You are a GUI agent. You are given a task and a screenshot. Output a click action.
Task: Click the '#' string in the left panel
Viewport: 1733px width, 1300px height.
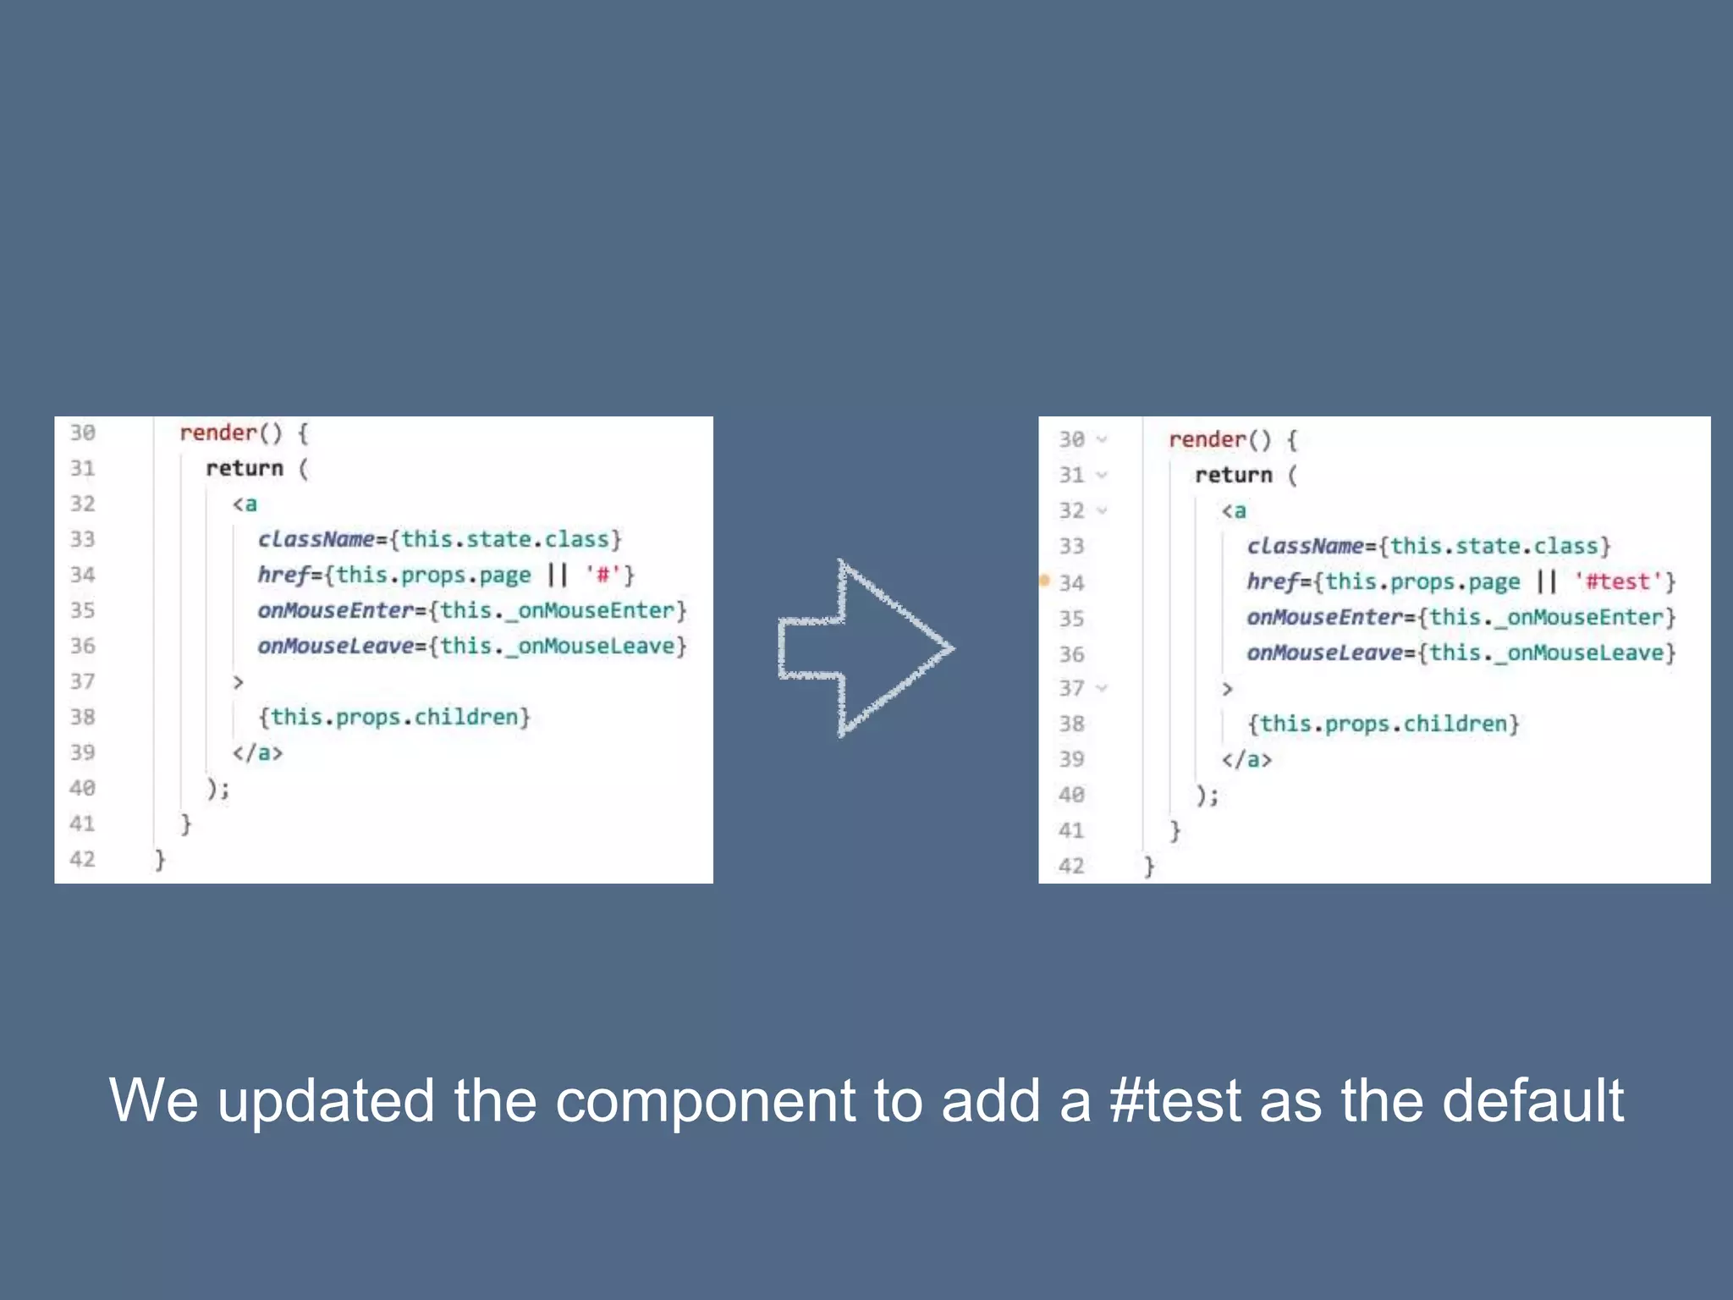(x=602, y=576)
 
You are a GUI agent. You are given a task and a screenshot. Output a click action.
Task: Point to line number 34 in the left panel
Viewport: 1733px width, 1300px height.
(x=82, y=576)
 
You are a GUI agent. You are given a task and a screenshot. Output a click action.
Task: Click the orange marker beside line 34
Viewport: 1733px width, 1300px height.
(x=1044, y=581)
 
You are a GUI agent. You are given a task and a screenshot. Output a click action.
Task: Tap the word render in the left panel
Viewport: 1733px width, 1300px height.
(x=217, y=433)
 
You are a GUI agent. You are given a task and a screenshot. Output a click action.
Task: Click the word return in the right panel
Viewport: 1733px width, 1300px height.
(x=1233, y=475)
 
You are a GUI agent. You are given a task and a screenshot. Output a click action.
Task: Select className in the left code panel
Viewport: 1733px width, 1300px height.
(x=316, y=539)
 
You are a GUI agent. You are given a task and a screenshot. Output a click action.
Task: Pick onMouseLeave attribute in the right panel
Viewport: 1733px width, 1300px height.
(x=1324, y=653)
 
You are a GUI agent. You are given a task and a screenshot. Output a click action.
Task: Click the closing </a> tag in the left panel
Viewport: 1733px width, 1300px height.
(x=257, y=752)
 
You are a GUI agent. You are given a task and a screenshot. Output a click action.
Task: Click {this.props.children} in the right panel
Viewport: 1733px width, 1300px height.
(x=1383, y=724)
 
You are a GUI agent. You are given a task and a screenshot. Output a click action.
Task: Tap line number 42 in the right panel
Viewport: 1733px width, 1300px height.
(x=1070, y=866)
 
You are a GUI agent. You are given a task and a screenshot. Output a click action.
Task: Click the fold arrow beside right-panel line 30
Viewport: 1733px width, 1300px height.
(x=1102, y=439)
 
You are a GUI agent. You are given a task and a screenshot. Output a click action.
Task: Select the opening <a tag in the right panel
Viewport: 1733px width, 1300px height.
(x=1233, y=510)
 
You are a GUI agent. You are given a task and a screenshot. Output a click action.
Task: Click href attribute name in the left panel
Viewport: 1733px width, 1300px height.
(x=283, y=576)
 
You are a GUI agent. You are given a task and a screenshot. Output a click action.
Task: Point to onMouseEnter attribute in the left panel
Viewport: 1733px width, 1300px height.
(x=335, y=610)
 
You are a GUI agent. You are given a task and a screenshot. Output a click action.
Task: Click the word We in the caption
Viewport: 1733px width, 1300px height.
(x=153, y=1100)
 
